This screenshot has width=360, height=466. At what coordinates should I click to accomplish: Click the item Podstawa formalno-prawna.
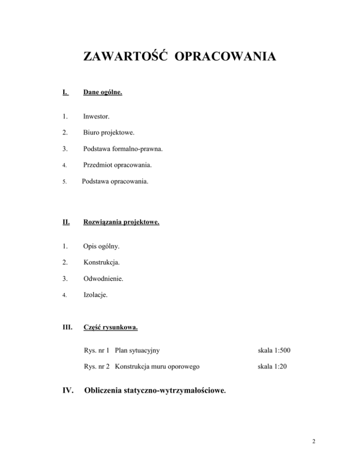[x=123, y=151]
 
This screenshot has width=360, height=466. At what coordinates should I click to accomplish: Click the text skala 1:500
[x=277, y=350]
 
